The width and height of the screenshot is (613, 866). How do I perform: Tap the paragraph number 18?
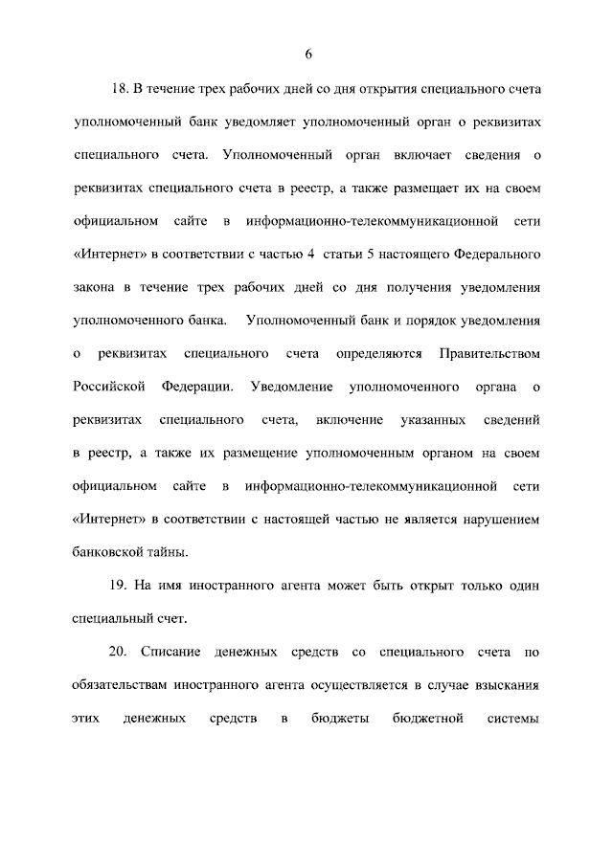[122, 88]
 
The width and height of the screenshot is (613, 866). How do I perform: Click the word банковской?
[106, 552]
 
